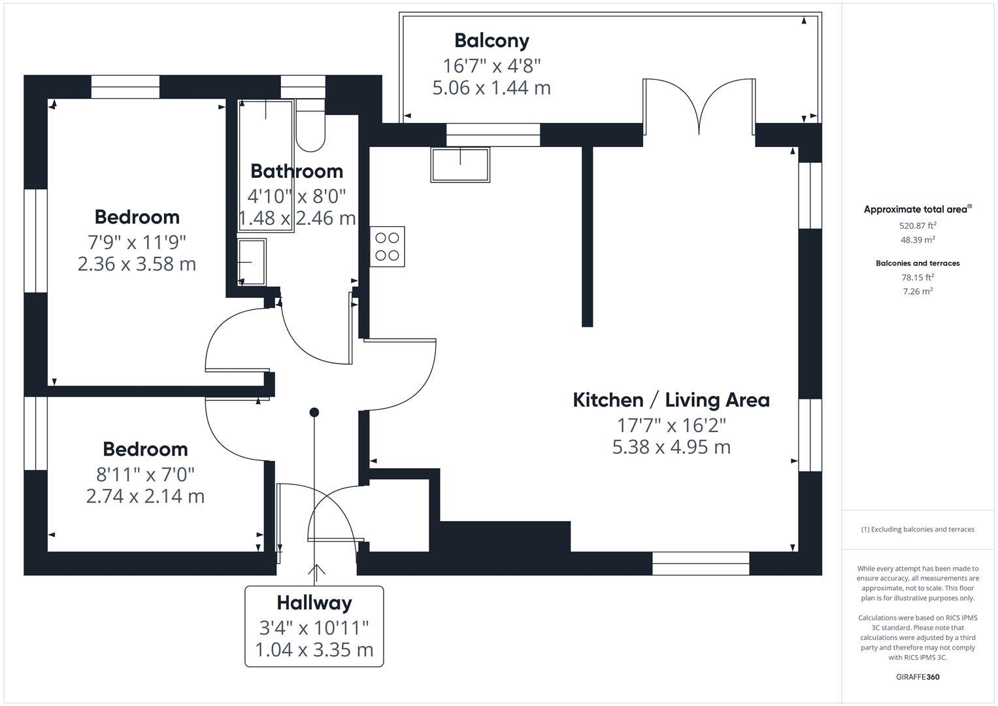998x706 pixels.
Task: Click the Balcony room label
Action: tap(491, 41)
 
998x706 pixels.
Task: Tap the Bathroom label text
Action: tap(297, 171)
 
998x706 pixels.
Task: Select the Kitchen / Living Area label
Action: tap(671, 400)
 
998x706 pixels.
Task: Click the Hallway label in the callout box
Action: tap(314, 603)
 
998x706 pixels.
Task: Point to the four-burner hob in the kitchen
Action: tap(387, 246)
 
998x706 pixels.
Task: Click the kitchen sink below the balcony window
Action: tap(460, 165)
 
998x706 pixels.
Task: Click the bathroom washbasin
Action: tap(252, 262)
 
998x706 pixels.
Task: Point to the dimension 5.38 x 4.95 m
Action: tap(671, 447)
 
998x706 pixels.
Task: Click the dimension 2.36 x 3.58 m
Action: tap(137, 264)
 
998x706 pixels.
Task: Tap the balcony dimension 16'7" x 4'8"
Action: tap(491, 65)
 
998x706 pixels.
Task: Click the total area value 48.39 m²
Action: tap(918, 240)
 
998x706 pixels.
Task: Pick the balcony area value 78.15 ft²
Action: tap(918, 277)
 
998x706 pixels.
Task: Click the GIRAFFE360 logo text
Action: tap(918, 677)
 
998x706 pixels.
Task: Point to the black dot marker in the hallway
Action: tap(314, 412)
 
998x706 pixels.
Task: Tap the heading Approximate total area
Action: tap(917, 210)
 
